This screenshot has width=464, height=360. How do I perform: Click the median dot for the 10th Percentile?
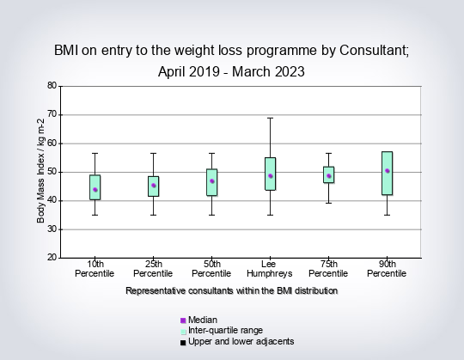pos(95,190)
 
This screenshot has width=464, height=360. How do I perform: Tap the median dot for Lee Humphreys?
pos(271,176)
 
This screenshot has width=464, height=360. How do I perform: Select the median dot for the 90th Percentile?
pos(387,171)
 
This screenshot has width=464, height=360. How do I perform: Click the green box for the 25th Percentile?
pos(154,186)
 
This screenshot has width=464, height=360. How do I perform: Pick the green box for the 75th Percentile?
pos(329,174)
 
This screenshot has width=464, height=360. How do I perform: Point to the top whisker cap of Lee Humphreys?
pos(271,118)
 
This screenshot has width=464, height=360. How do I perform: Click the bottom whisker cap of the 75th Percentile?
pos(329,204)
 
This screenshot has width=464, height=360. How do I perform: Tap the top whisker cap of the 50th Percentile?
pos(212,153)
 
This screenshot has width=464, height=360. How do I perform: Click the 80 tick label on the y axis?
pos(52,86)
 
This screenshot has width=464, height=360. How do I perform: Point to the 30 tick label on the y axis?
pos(52,229)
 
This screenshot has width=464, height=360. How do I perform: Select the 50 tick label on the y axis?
pos(52,172)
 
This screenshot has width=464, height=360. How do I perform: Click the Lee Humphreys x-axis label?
pos(269,269)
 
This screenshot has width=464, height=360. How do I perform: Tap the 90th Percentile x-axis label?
pos(387,269)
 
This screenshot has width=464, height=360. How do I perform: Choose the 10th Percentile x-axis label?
pos(95,269)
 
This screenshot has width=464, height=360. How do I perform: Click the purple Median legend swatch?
pos(183,320)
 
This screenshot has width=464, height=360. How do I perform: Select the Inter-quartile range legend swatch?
pos(183,332)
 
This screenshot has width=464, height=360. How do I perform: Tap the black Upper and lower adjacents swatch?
pos(183,343)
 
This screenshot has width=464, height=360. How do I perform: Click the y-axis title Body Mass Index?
pos(40,171)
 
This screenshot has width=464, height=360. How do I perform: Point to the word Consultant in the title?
pos(375,51)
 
